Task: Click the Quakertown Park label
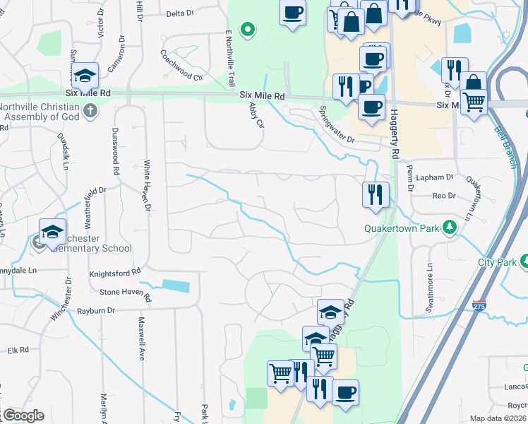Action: pyautogui.click(x=402, y=228)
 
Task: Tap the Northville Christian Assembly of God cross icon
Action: pyautogui.click(x=90, y=110)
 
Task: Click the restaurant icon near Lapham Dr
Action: pyautogui.click(x=376, y=194)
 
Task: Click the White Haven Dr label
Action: pyautogui.click(x=148, y=184)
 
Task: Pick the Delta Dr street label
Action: pyautogui.click(x=180, y=13)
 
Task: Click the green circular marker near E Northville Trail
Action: pyautogui.click(x=248, y=30)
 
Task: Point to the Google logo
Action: pyautogui.click(x=23, y=416)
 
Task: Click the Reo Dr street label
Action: pyautogui.click(x=444, y=195)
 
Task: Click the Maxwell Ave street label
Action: pyautogui.click(x=141, y=340)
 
